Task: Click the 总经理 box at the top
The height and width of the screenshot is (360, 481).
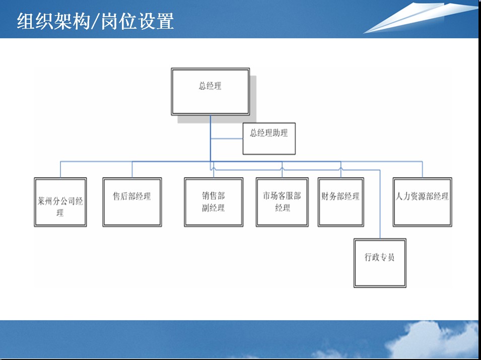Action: (x=211, y=92)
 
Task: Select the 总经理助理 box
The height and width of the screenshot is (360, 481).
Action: (x=269, y=138)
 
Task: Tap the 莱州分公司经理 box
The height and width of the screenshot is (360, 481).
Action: (x=60, y=202)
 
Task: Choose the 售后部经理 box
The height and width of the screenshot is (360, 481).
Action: (x=132, y=202)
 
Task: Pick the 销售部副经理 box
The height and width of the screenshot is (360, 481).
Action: (x=214, y=202)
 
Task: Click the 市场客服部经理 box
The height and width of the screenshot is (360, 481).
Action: (x=282, y=202)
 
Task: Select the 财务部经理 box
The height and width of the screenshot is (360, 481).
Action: (x=341, y=202)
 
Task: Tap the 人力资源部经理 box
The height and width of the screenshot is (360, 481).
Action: (x=423, y=202)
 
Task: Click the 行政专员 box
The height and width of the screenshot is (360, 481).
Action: (x=380, y=263)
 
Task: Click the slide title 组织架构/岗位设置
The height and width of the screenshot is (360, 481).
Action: (x=95, y=21)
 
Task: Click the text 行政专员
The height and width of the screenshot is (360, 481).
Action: (x=379, y=257)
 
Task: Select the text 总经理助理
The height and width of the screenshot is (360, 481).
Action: (x=269, y=133)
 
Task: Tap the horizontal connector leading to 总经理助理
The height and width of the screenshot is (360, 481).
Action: (x=227, y=139)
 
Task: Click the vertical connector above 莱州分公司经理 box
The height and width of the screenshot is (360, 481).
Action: (x=60, y=169)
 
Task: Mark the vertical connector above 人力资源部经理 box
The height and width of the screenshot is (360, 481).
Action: (x=423, y=169)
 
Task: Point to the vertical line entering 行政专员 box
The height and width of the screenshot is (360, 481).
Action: (x=380, y=204)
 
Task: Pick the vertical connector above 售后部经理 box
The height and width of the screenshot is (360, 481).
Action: (x=132, y=169)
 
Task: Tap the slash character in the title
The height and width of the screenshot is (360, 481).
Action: (x=95, y=22)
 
